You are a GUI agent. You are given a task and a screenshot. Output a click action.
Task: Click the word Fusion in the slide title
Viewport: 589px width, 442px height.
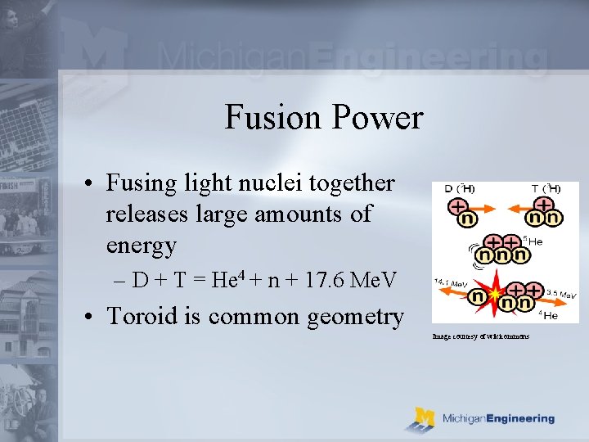272,117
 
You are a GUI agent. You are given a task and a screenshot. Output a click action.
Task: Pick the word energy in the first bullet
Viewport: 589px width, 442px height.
141,245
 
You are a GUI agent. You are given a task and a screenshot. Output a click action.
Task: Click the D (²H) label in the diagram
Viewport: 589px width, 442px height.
459,188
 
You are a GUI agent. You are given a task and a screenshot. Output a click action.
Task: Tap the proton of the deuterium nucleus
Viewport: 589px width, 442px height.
458,205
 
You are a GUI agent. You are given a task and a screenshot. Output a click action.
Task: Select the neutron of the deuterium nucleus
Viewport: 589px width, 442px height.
467,219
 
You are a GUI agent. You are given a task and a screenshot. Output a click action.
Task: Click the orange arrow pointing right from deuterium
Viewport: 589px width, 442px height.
490,217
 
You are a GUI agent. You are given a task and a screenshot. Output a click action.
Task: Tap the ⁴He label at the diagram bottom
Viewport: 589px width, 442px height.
549,314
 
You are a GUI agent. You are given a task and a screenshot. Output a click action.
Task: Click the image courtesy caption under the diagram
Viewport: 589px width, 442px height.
481,336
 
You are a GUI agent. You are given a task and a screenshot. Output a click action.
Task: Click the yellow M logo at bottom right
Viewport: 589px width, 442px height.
424,417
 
